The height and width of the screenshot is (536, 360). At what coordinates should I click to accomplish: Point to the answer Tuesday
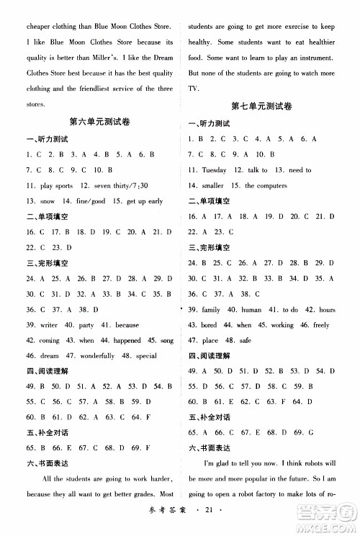[214, 170]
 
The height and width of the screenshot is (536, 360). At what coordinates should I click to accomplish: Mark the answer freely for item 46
[321, 325]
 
